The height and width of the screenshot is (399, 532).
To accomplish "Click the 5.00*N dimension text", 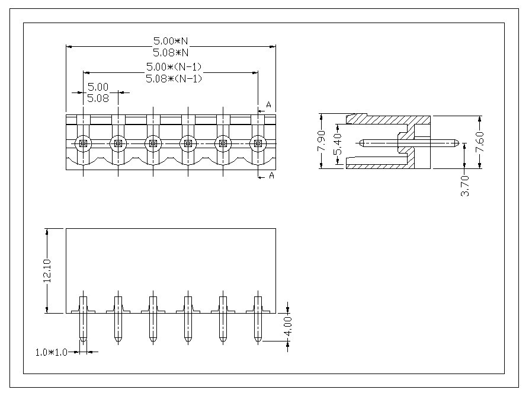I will (x=171, y=41).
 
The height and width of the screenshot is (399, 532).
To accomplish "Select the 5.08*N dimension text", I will (x=171, y=52).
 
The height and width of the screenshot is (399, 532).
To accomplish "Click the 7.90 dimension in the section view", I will (x=322, y=141).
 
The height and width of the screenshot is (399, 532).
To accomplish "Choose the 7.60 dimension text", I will (x=480, y=141).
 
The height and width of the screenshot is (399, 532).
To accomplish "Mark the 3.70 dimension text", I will (x=465, y=185).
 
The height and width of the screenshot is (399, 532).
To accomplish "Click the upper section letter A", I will (x=268, y=105).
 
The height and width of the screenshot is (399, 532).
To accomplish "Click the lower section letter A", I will (x=271, y=175).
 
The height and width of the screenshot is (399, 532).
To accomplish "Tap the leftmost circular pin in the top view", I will (x=83, y=143).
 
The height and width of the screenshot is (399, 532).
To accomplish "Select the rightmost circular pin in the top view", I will (x=258, y=143).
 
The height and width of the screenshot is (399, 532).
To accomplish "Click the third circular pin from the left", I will (x=153, y=143).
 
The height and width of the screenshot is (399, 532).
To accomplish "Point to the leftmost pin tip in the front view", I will (x=83, y=340).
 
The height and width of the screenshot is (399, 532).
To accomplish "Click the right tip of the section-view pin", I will (x=458, y=142).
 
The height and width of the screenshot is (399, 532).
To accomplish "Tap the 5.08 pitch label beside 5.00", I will (x=98, y=99).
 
